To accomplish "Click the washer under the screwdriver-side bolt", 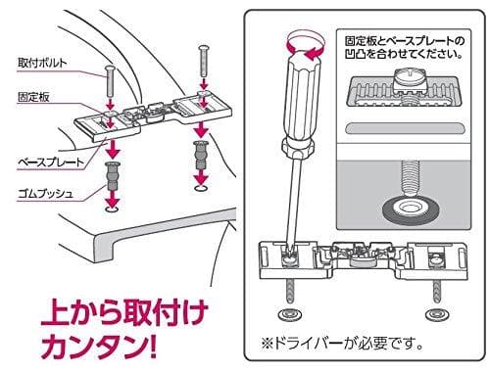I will pyautogui.click(x=289, y=316).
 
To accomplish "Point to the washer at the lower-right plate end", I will pyautogui.click(x=434, y=316).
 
